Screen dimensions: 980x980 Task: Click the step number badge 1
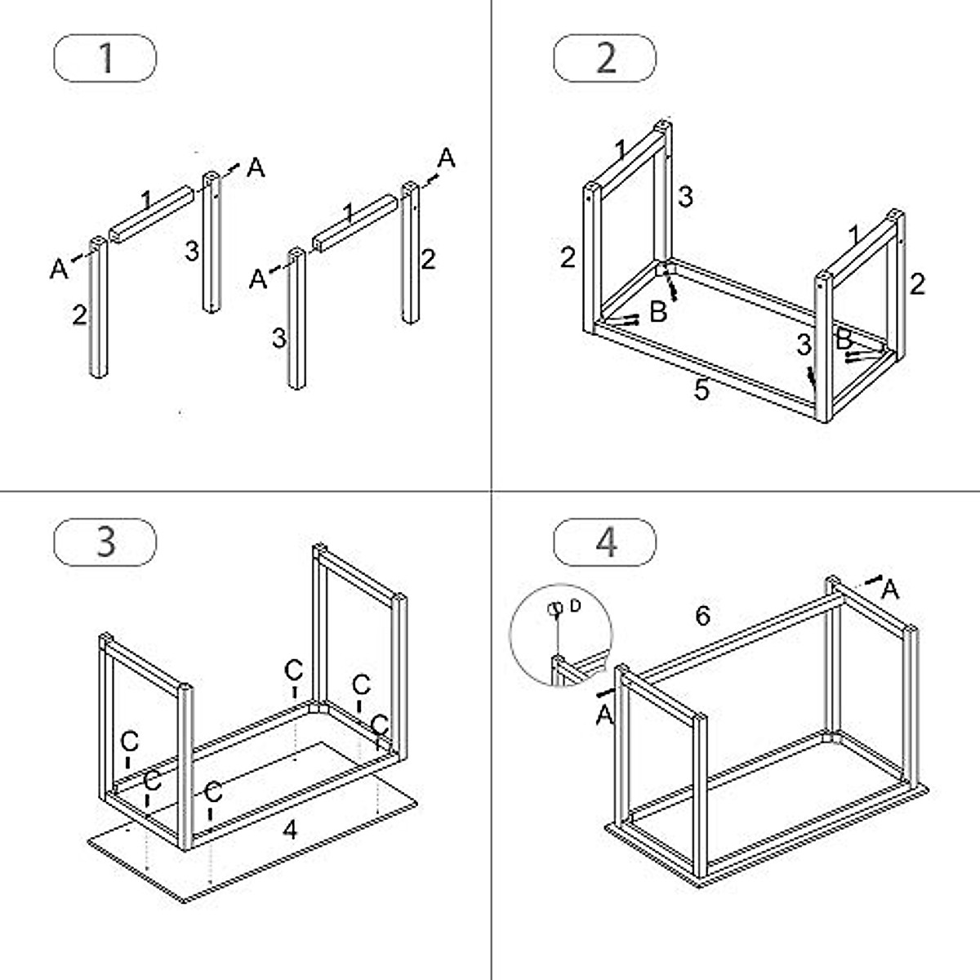click(x=105, y=59)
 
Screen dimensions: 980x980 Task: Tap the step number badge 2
click(x=605, y=59)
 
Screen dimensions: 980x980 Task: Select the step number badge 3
click(x=105, y=541)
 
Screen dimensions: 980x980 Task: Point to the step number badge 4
click(x=605, y=541)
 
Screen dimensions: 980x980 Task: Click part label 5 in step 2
click(x=702, y=390)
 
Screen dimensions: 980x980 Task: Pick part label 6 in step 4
click(x=702, y=615)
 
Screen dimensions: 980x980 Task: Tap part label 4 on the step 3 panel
click(x=290, y=831)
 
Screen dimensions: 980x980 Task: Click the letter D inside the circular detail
click(x=576, y=605)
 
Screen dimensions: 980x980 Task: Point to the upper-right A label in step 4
click(x=890, y=589)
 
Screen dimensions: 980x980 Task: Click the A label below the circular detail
click(x=604, y=715)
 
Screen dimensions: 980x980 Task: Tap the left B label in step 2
click(x=657, y=311)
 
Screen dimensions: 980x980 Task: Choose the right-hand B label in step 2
click(x=844, y=336)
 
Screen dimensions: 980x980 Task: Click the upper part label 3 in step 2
click(x=685, y=196)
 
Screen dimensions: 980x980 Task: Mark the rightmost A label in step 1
click(x=446, y=158)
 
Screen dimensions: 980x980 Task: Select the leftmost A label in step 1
click(x=58, y=268)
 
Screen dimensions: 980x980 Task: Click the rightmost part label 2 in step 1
click(x=428, y=260)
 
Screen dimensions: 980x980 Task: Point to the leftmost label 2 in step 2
click(x=568, y=257)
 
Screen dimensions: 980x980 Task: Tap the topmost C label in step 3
click(x=293, y=670)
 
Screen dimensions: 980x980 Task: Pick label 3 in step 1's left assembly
click(x=191, y=251)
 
